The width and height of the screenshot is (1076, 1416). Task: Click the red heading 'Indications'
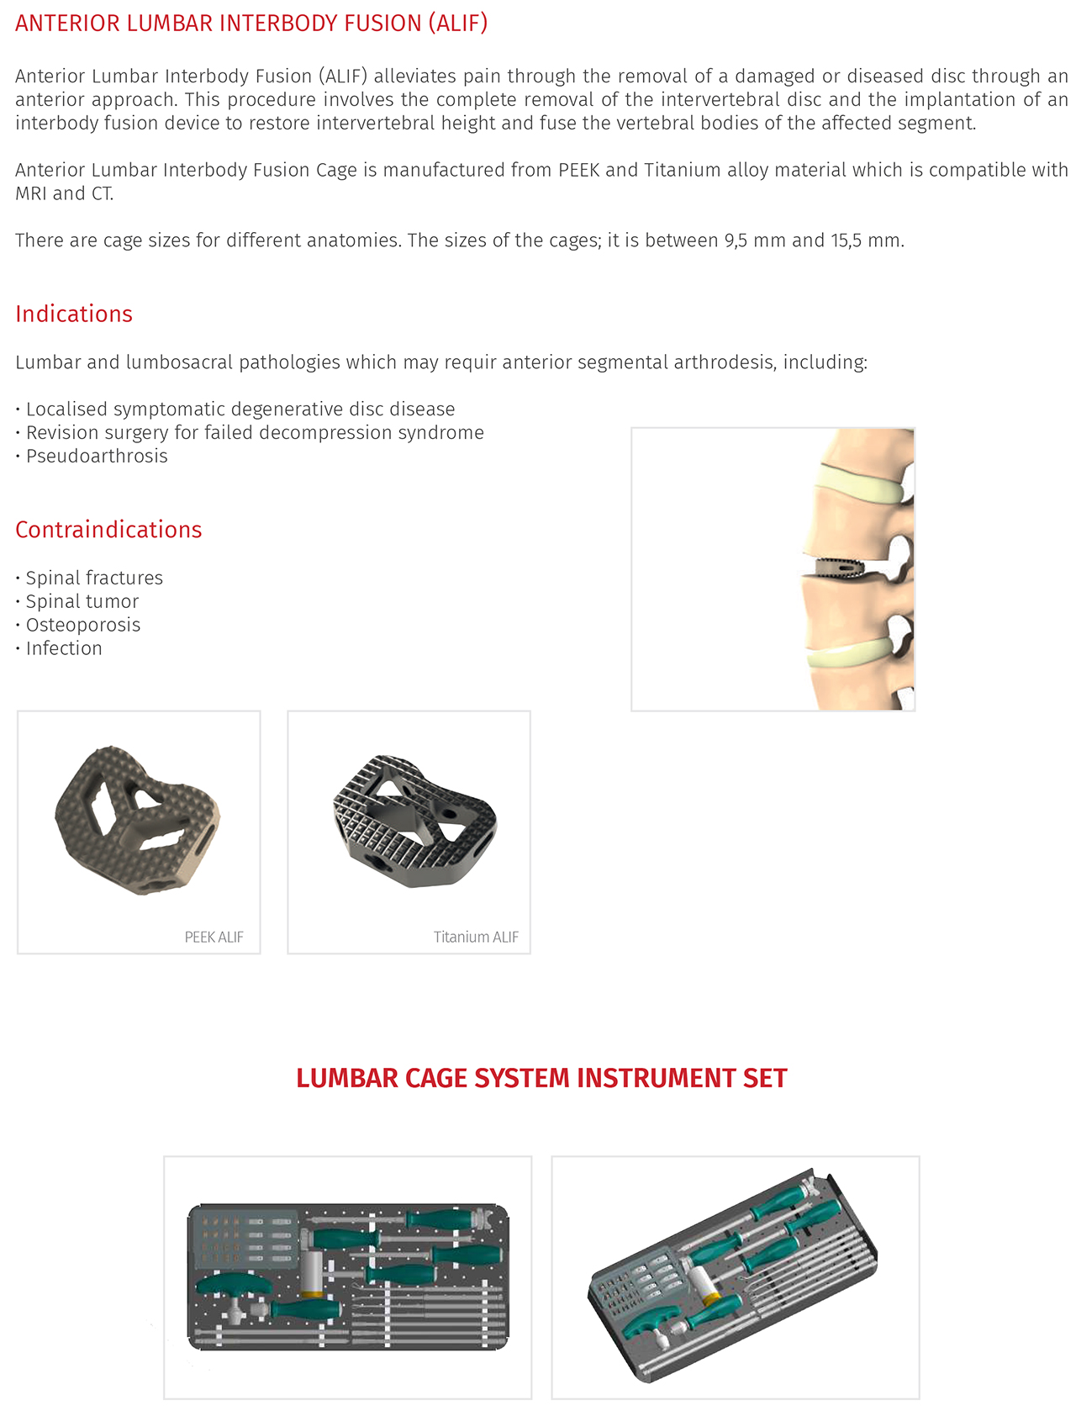pyautogui.click(x=74, y=314)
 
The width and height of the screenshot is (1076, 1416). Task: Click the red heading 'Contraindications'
pyautogui.click(x=108, y=530)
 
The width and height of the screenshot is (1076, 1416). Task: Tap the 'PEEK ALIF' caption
pyautogui.click(x=214, y=937)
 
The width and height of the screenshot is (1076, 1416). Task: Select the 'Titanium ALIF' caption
pyautogui.click(x=476, y=937)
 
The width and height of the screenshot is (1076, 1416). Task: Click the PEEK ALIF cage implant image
pyautogui.click(x=137, y=821)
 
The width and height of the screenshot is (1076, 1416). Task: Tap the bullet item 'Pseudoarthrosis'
pyautogui.click(x=97, y=456)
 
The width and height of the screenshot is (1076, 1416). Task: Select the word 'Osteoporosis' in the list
pyautogui.click(x=83, y=625)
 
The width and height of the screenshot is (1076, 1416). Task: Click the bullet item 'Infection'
pyautogui.click(x=64, y=648)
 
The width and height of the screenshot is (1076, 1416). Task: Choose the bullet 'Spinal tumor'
pyautogui.click(x=82, y=601)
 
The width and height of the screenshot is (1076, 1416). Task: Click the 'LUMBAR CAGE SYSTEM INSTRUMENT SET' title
pyautogui.click(x=541, y=1078)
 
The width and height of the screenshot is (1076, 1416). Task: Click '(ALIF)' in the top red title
pyautogui.click(x=457, y=23)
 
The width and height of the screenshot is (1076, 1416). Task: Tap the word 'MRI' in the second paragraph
pyautogui.click(x=31, y=193)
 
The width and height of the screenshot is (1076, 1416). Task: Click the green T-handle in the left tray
pyautogui.click(x=235, y=1287)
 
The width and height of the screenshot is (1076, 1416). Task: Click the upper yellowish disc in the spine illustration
pyautogui.click(x=862, y=485)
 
